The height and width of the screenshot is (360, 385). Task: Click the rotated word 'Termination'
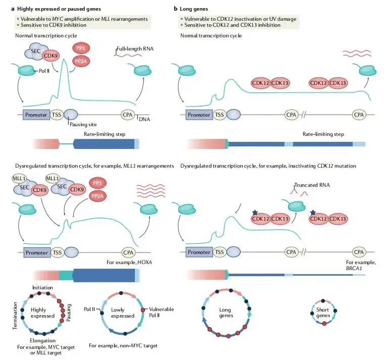pyautogui.click(x=16, y=315)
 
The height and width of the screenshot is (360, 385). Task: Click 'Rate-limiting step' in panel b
pyautogui.click(x=323, y=134)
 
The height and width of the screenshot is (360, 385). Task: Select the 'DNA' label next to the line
pyautogui.click(x=145, y=119)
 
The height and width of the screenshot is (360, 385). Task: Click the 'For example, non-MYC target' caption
pyautogui.click(x=123, y=346)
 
